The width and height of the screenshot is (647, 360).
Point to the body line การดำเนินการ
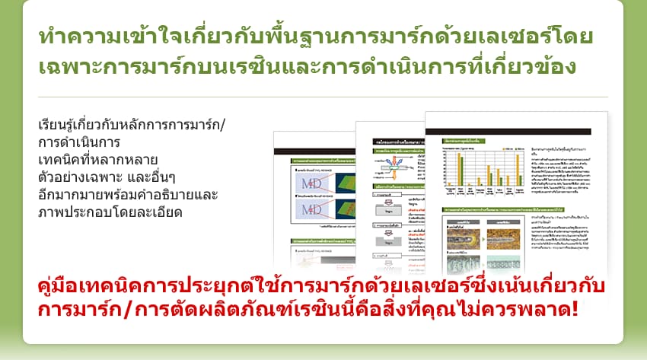(x=84, y=142)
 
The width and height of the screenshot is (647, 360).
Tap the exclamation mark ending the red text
(x=572, y=311)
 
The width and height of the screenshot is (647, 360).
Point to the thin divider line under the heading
(x=323, y=97)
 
